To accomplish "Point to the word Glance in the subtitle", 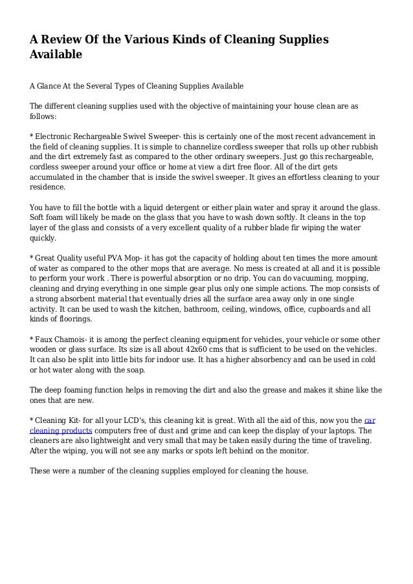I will point(54,86).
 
